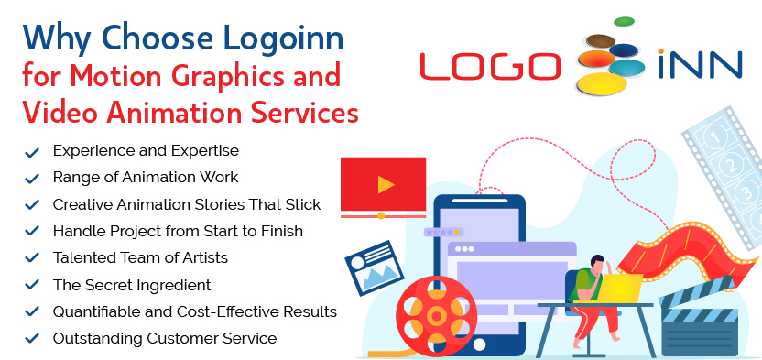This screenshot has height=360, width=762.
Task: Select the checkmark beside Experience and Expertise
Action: click(x=32, y=151)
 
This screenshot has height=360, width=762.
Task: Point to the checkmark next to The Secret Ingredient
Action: click(x=32, y=286)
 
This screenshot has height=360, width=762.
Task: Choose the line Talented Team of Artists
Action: click(x=140, y=257)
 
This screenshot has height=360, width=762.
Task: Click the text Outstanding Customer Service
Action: click(x=165, y=338)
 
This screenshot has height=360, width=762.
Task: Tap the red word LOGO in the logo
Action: click(x=490, y=65)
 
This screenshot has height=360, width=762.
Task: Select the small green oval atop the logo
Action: click(x=624, y=20)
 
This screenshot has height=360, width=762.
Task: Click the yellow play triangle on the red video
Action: click(x=386, y=185)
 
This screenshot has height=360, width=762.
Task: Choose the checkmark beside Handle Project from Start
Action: click(x=32, y=232)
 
